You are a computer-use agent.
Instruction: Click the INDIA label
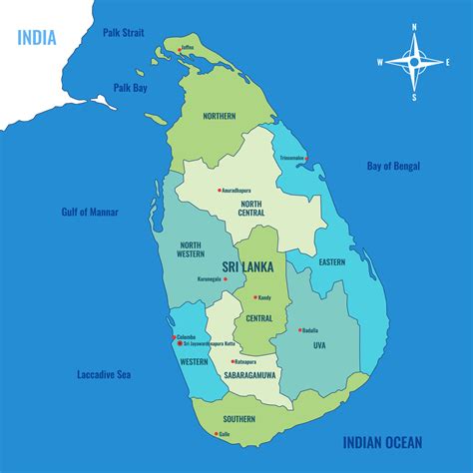pyautogui.click(x=36, y=39)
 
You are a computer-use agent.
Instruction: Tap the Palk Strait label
pyautogui.click(x=124, y=32)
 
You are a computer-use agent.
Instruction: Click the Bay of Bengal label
pyautogui.click(x=393, y=166)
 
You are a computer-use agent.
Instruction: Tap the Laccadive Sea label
pyautogui.click(x=105, y=375)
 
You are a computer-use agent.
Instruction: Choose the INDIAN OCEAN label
pyautogui.click(x=382, y=442)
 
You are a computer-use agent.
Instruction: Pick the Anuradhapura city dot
pyautogui.click(x=219, y=190)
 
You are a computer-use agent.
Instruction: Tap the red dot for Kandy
pyautogui.click(x=255, y=297)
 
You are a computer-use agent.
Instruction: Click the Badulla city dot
pyautogui.click(x=298, y=329)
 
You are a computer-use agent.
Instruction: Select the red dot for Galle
pyautogui.click(x=216, y=434)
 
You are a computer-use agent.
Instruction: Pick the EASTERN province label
pyautogui.click(x=331, y=262)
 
